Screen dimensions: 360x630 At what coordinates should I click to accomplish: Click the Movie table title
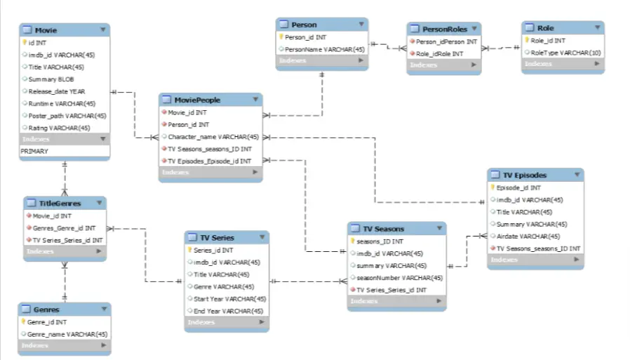[x=46, y=30]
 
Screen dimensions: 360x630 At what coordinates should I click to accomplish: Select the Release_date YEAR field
[x=57, y=91]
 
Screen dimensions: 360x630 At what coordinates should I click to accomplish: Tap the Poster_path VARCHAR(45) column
[x=67, y=116]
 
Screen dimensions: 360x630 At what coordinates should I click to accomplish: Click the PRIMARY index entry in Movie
[x=34, y=151]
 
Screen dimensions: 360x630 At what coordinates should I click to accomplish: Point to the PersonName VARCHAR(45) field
[x=324, y=49]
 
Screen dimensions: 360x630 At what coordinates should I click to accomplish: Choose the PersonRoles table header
[x=444, y=29]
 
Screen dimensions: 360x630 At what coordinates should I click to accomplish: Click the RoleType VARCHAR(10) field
[x=565, y=53]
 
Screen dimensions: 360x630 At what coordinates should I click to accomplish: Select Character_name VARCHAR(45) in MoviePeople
[x=213, y=137]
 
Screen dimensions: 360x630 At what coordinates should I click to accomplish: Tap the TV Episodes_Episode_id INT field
[x=209, y=161]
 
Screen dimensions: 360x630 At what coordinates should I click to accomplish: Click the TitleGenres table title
[x=60, y=204]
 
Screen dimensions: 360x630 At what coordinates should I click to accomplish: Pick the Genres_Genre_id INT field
[x=64, y=228]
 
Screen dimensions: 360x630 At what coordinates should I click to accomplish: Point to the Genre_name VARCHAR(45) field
[x=67, y=334]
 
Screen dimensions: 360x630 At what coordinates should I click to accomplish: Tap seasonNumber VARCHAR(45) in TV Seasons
[x=399, y=278]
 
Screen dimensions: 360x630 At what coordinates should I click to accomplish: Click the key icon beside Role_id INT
[x=526, y=41]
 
